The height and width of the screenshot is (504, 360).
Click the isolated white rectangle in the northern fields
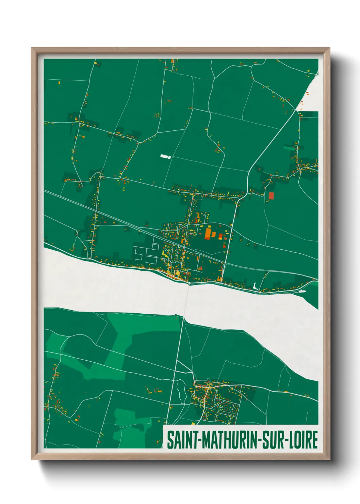point(165,156)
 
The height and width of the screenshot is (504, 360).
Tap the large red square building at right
point(271,195)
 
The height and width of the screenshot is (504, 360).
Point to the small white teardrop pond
point(255,286)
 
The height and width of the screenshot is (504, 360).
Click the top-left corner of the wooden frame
point(32,48)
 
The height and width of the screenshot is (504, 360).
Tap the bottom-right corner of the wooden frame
point(329,459)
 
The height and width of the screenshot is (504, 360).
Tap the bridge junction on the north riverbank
point(189,283)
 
